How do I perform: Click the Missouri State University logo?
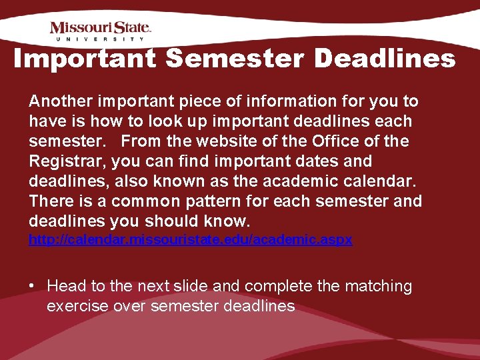click(101, 31)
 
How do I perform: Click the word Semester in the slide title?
click(236, 59)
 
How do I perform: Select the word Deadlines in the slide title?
click(385, 59)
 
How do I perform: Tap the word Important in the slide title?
click(85, 59)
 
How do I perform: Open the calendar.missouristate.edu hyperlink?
click(190, 240)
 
